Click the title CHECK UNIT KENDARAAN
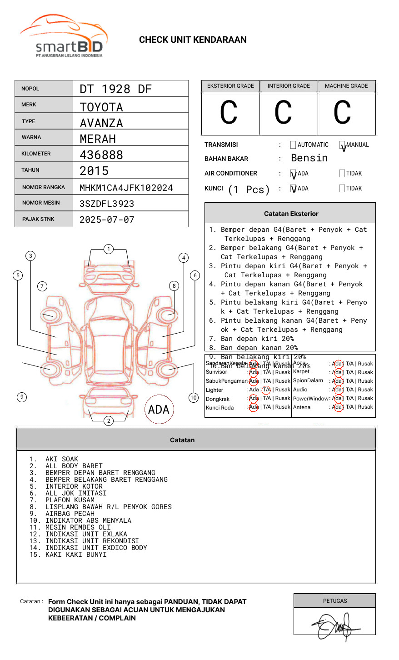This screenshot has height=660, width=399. [193, 40]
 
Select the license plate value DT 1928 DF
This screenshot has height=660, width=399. [115, 89]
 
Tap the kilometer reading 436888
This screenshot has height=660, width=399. [101, 155]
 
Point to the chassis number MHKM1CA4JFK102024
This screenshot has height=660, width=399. [126, 188]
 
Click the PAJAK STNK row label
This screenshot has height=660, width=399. [38, 219]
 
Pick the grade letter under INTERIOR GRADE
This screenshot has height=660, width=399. [283, 113]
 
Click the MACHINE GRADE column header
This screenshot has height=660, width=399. [346, 86]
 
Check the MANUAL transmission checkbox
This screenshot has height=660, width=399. [342, 145]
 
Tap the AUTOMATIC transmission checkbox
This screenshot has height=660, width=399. [293, 145]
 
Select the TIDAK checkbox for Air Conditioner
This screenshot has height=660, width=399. [342, 173]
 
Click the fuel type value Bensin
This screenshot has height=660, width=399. [309, 158]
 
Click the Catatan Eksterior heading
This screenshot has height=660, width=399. [291, 214]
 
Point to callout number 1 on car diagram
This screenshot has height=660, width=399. [108, 249]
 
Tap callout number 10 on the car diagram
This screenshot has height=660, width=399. [194, 398]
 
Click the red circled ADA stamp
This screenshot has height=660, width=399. [159, 410]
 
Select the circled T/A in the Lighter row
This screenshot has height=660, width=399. [266, 390]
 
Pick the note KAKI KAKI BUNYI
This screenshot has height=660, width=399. [75, 555]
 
